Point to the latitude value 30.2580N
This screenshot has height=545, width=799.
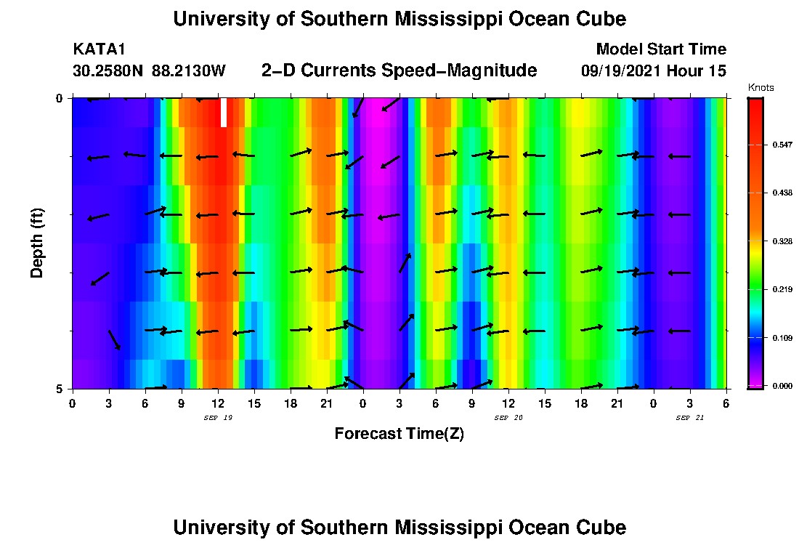(x=108, y=71)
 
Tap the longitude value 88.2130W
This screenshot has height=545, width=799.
(x=189, y=71)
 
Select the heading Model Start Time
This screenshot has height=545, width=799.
(x=660, y=49)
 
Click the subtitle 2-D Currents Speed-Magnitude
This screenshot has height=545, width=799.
(x=399, y=70)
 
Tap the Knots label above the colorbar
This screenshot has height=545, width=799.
(x=761, y=88)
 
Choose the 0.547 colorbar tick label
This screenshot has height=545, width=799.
(x=782, y=145)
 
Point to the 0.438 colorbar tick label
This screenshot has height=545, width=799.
(x=782, y=193)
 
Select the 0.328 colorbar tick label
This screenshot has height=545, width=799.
(x=782, y=241)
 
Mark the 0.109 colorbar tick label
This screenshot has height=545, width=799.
(x=782, y=338)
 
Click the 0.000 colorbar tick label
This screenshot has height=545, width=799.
(x=782, y=386)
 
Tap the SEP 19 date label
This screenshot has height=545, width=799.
(x=218, y=418)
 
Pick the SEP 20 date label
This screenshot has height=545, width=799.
(x=508, y=418)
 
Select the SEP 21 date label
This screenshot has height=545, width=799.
(x=689, y=418)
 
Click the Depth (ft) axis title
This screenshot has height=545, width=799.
(x=37, y=243)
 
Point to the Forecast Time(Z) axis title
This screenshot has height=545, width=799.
(x=399, y=434)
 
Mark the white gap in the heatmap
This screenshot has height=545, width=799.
(x=224, y=113)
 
